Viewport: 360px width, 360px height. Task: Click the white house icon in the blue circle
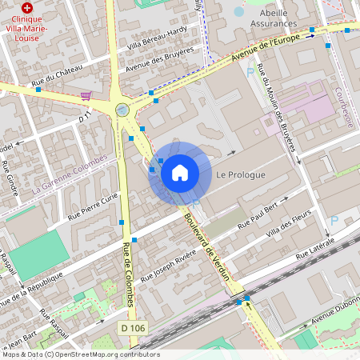179,172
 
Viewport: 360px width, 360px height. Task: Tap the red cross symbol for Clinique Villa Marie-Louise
27,6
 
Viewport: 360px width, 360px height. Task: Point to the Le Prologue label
240,174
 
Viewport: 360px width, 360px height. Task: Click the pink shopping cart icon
86,95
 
